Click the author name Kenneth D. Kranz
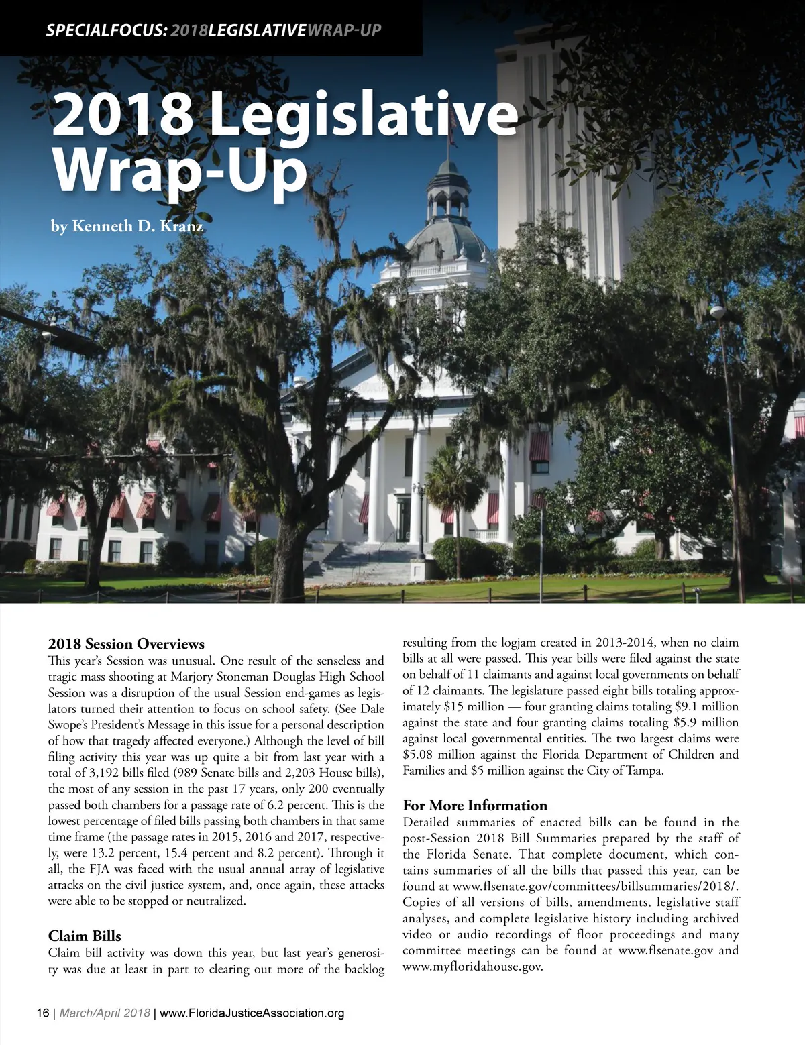pyautogui.click(x=127, y=227)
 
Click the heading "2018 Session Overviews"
pyautogui.click(x=126, y=644)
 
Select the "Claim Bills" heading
pyautogui.click(x=85, y=936)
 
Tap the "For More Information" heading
pyautogui.click(x=475, y=805)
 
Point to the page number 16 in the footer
pyautogui.click(x=42, y=1013)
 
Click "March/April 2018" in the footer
pyautogui.click(x=105, y=1013)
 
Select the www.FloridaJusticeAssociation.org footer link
pyautogui.click(x=252, y=1013)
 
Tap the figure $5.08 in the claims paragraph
pyautogui.click(x=418, y=755)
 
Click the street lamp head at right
pyautogui.click(x=718, y=313)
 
